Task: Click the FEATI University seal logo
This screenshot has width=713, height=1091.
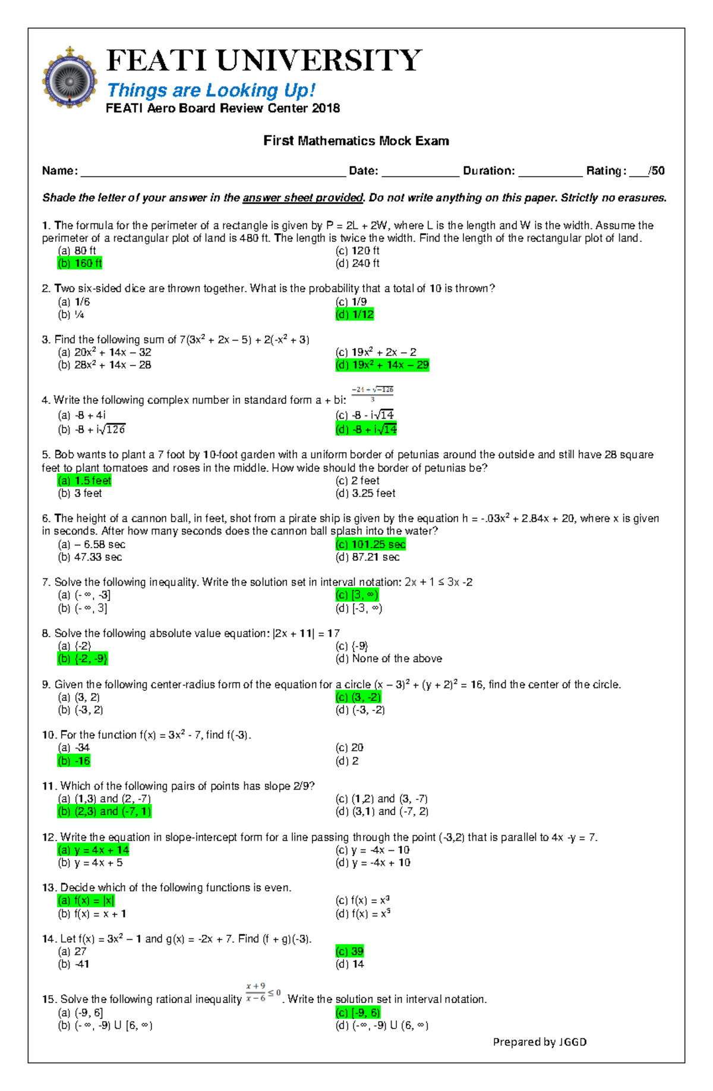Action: coord(70,78)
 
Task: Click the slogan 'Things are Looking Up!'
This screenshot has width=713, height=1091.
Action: coord(210,90)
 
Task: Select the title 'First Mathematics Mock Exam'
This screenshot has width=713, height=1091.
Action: coord(356,141)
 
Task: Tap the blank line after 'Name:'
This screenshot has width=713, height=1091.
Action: coord(213,171)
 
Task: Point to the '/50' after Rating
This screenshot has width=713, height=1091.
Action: coord(657,171)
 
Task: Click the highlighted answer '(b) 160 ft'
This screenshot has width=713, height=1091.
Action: coord(80,263)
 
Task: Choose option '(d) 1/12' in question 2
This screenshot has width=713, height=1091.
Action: coord(355,315)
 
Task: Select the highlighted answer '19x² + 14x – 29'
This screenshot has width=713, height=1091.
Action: coord(382,365)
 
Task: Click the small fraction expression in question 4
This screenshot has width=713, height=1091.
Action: coord(372,394)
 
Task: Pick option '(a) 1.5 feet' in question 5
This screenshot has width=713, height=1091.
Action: coord(84,480)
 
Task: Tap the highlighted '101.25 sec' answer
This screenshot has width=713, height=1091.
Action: coord(371,545)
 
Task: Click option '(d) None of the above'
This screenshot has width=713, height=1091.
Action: coord(389,659)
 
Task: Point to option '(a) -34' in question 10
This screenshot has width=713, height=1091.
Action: coord(74,748)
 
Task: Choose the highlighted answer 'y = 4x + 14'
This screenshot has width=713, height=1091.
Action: coord(93,850)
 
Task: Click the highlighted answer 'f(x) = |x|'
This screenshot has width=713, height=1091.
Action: coord(86,901)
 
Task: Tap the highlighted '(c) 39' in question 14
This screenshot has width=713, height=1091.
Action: coord(350,951)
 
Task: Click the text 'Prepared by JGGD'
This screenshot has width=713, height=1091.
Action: coord(540,1042)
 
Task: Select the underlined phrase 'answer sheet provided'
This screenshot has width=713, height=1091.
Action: coord(303,198)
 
